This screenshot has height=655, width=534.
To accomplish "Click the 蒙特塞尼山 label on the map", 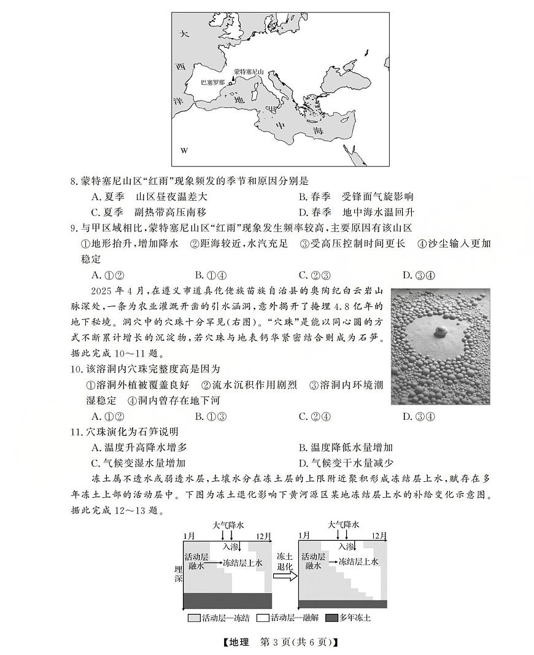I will (x=249, y=72).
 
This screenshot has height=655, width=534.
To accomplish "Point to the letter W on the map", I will (x=184, y=150).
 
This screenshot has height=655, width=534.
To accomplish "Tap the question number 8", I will (x=74, y=181).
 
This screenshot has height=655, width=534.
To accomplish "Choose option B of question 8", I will (x=356, y=197).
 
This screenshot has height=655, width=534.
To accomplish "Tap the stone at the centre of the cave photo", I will (x=440, y=332).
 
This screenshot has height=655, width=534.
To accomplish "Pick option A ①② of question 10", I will (x=108, y=417).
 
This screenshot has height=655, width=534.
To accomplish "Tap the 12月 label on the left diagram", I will (x=263, y=536).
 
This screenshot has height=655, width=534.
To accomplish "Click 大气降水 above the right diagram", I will (x=343, y=525).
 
